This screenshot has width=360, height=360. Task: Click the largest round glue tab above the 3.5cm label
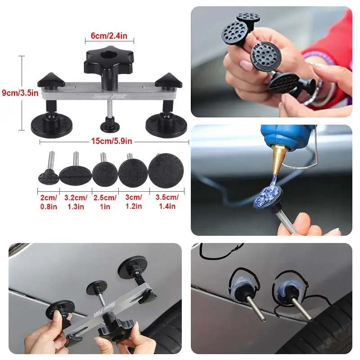coord(166,171)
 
